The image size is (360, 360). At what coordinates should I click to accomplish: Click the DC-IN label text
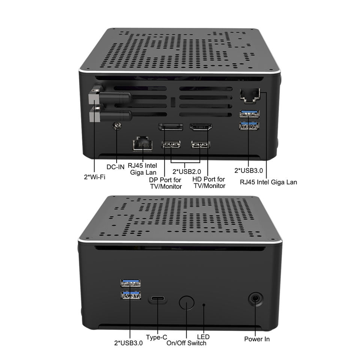pos(115,167)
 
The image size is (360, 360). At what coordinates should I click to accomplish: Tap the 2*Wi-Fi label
pos(94,177)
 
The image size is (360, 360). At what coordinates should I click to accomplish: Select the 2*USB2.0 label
pos(187,171)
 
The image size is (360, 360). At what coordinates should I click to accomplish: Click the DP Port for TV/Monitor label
pos(166,183)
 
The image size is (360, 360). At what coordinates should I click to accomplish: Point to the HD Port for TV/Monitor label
pos(209,182)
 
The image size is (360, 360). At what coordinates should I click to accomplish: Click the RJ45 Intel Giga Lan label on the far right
pos(268,182)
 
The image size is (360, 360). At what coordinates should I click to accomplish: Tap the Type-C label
pos(157,337)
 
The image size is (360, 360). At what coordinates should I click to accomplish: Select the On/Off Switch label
pos(186,343)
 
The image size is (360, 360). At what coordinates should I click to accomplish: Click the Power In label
pos(257,339)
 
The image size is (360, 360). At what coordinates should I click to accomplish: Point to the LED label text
pos(203,337)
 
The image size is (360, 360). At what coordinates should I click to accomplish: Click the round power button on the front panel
pos(186,303)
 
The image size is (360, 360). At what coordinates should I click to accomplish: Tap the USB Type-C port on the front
pos(158,299)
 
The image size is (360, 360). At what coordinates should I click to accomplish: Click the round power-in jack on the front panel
pos(255,299)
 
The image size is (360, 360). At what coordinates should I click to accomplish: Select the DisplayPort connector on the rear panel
pos(170,127)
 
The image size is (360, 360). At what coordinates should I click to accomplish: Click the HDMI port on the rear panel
pos(201,127)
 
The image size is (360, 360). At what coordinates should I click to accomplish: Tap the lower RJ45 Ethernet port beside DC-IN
pos(142,144)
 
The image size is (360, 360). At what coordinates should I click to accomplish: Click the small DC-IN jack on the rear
pos(117,126)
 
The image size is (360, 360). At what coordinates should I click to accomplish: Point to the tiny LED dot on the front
pos(204,305)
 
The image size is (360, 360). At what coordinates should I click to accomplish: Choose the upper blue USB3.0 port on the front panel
pos(130,283)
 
